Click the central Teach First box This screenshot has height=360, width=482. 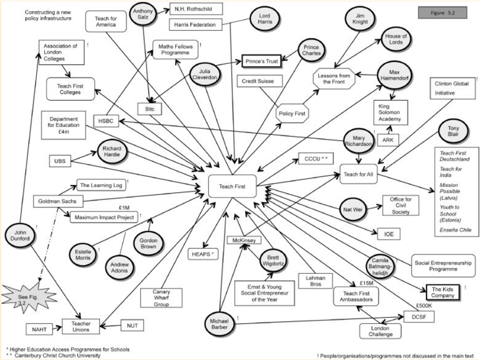231,186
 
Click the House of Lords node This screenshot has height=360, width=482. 398,41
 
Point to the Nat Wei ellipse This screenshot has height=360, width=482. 348,209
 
